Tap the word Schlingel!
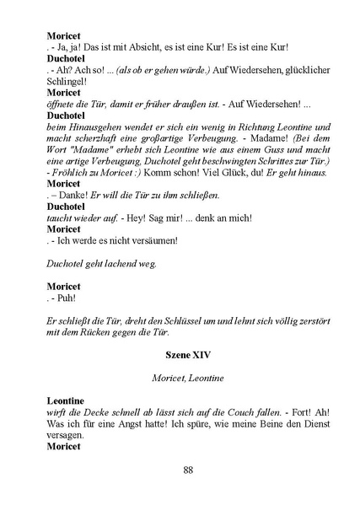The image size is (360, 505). point(68,80)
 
